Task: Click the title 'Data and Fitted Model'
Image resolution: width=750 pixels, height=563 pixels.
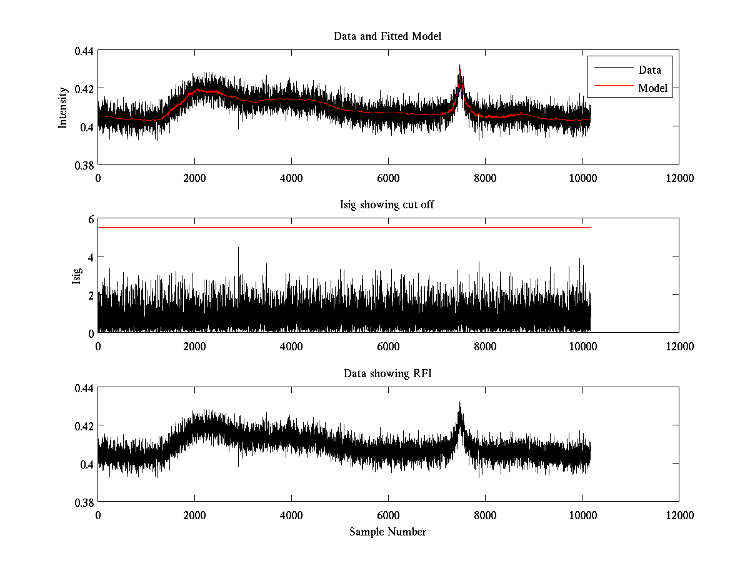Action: click(387, 36)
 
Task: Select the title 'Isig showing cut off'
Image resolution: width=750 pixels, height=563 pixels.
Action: click(387, 205)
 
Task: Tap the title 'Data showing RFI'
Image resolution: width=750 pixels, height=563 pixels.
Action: click(387, 373)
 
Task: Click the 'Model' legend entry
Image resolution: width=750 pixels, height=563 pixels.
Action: click(652, 88)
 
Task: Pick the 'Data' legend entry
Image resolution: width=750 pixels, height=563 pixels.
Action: click(649, 70)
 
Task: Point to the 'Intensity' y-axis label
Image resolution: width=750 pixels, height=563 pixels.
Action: click(62, 108)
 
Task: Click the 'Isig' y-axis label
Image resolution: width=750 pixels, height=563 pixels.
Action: click(76, 276)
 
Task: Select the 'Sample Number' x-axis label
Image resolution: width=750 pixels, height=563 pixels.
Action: click(387, 532)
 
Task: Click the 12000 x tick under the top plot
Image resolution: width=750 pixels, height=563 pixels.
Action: click(679, 178)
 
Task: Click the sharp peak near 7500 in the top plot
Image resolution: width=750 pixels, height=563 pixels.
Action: click(460, 66)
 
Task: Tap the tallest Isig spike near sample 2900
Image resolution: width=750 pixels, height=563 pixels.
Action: click(238, 248)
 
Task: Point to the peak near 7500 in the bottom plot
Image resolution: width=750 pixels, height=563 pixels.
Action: click(460, 403)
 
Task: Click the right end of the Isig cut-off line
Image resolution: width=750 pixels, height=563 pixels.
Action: click(590, 227)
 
